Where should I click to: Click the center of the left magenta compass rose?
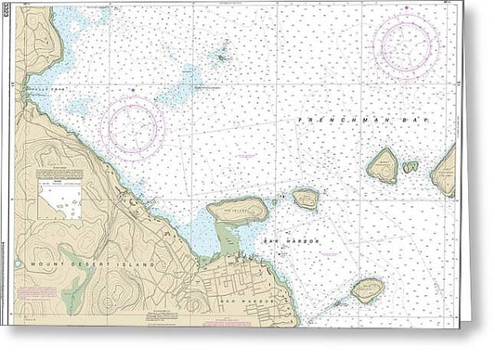133,127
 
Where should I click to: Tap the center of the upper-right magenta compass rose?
406,44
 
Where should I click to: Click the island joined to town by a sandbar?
236,211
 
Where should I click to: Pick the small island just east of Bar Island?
306,198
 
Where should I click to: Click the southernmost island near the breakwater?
368,290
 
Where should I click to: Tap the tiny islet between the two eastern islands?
410,167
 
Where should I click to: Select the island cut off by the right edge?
447,171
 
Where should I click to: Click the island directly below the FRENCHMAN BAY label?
382,165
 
